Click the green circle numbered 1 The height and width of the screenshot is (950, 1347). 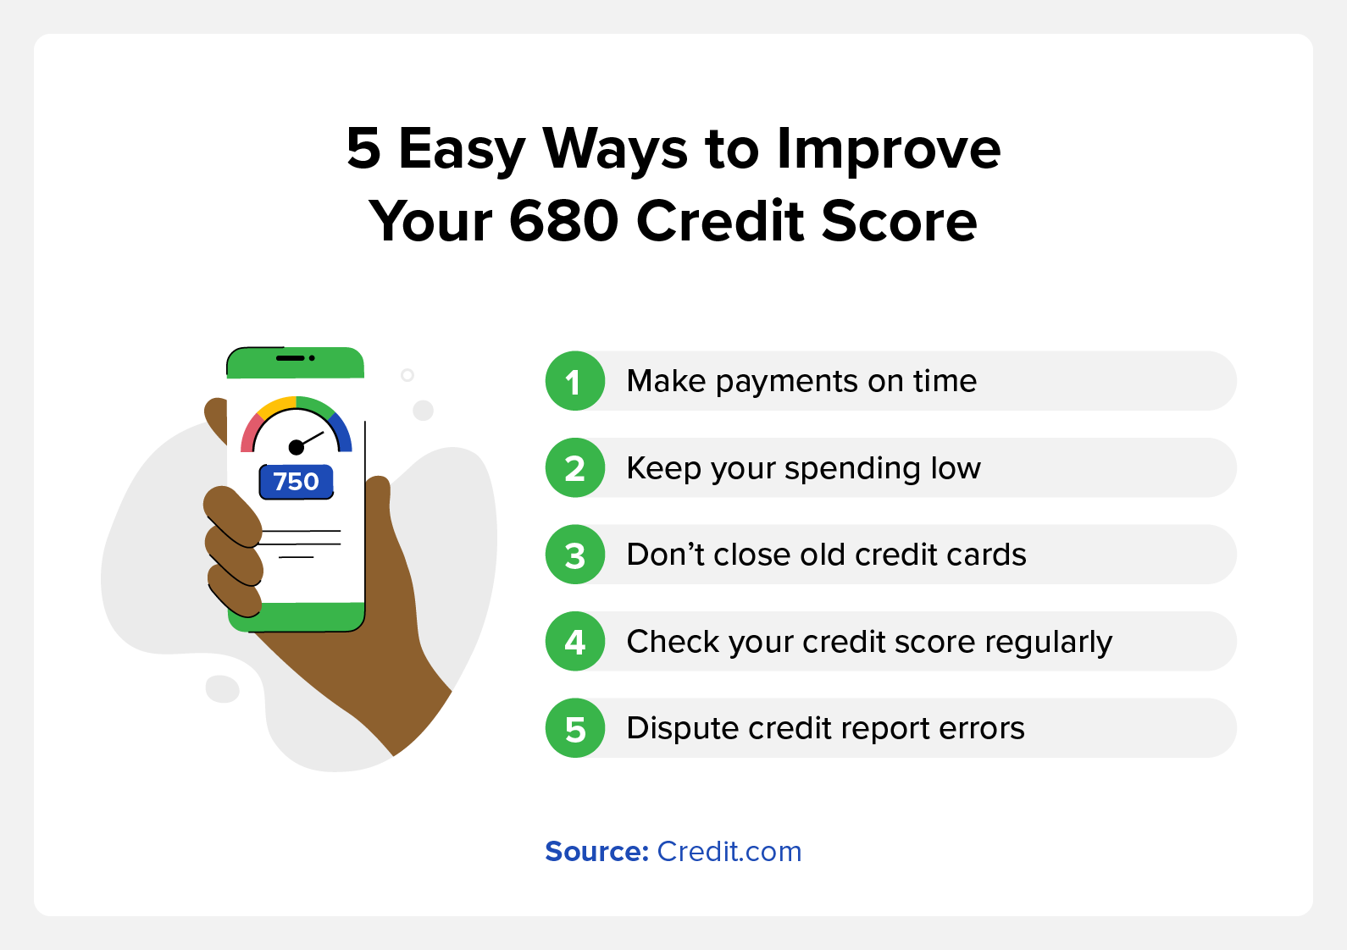point(575,381)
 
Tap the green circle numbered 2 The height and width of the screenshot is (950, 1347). point(575,467)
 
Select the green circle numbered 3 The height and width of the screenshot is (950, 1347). point(575,555)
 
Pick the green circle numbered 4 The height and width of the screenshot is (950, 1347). point(575,641)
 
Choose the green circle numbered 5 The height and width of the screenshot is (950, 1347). point(575,728)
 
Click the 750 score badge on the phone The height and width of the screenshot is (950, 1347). point(296,481)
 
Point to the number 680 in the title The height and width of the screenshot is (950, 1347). point(563,221)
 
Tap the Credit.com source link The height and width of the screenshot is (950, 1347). point(729,852)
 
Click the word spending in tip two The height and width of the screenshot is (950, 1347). point(853,469)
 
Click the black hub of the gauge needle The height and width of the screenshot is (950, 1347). point(296,447)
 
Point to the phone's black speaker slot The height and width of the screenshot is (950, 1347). point(291,358)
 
